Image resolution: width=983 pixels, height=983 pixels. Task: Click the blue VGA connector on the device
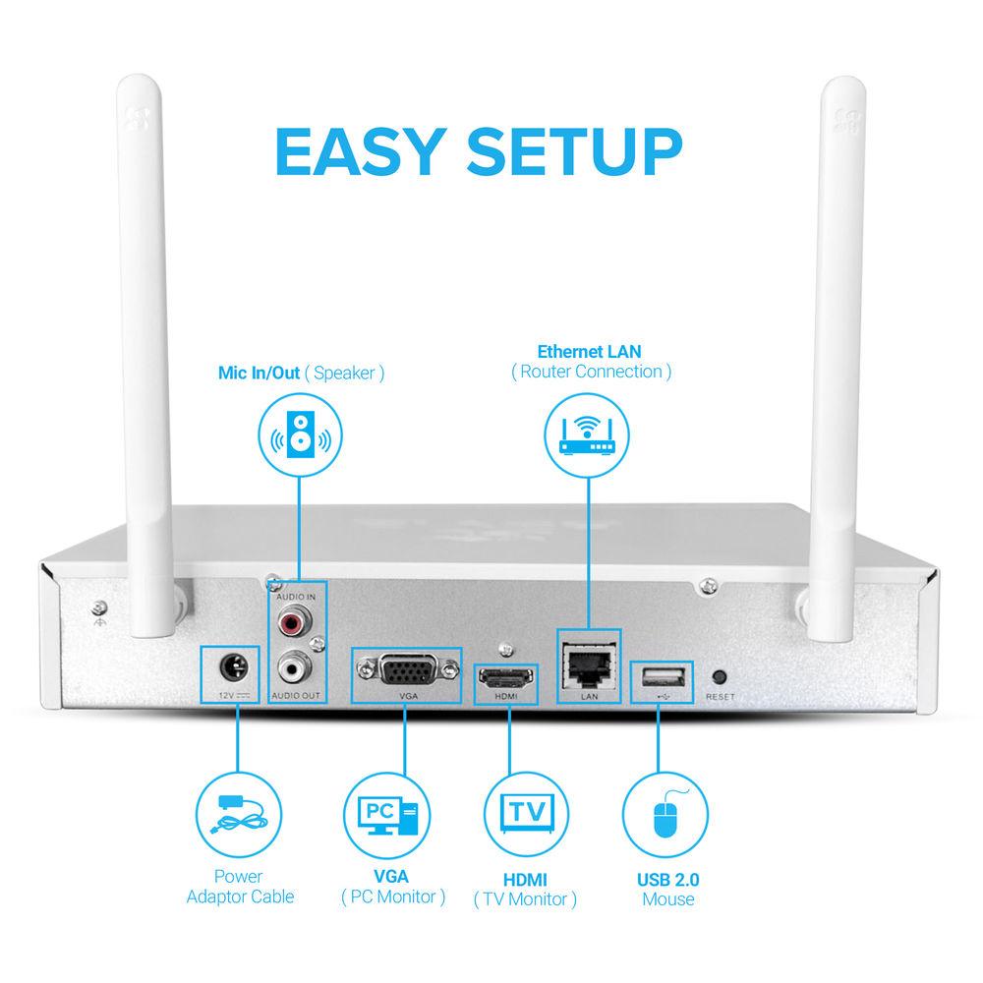(x=405, y=673)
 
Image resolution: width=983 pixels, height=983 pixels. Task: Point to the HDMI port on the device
(x=505, y=678)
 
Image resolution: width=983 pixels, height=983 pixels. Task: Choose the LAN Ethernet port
(x=589, y=664)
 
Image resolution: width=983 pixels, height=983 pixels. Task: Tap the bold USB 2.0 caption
(x=667, y=879)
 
